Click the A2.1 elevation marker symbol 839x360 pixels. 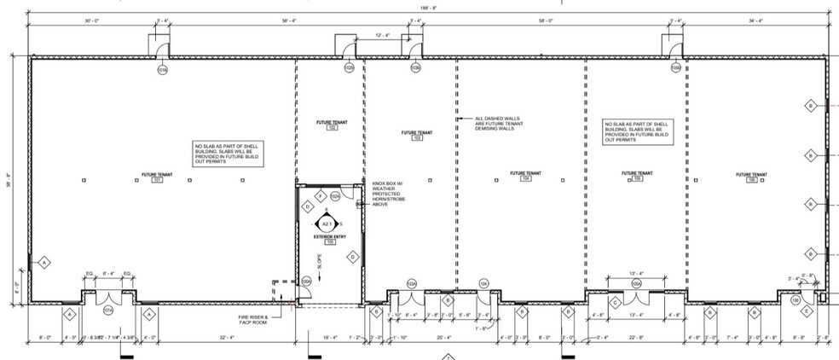pos(326,224)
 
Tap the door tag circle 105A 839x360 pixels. pos(635,283)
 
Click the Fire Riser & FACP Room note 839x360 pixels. pos(253,320)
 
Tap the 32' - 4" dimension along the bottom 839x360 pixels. pos(226,340)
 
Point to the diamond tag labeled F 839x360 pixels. pos(320,196)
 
